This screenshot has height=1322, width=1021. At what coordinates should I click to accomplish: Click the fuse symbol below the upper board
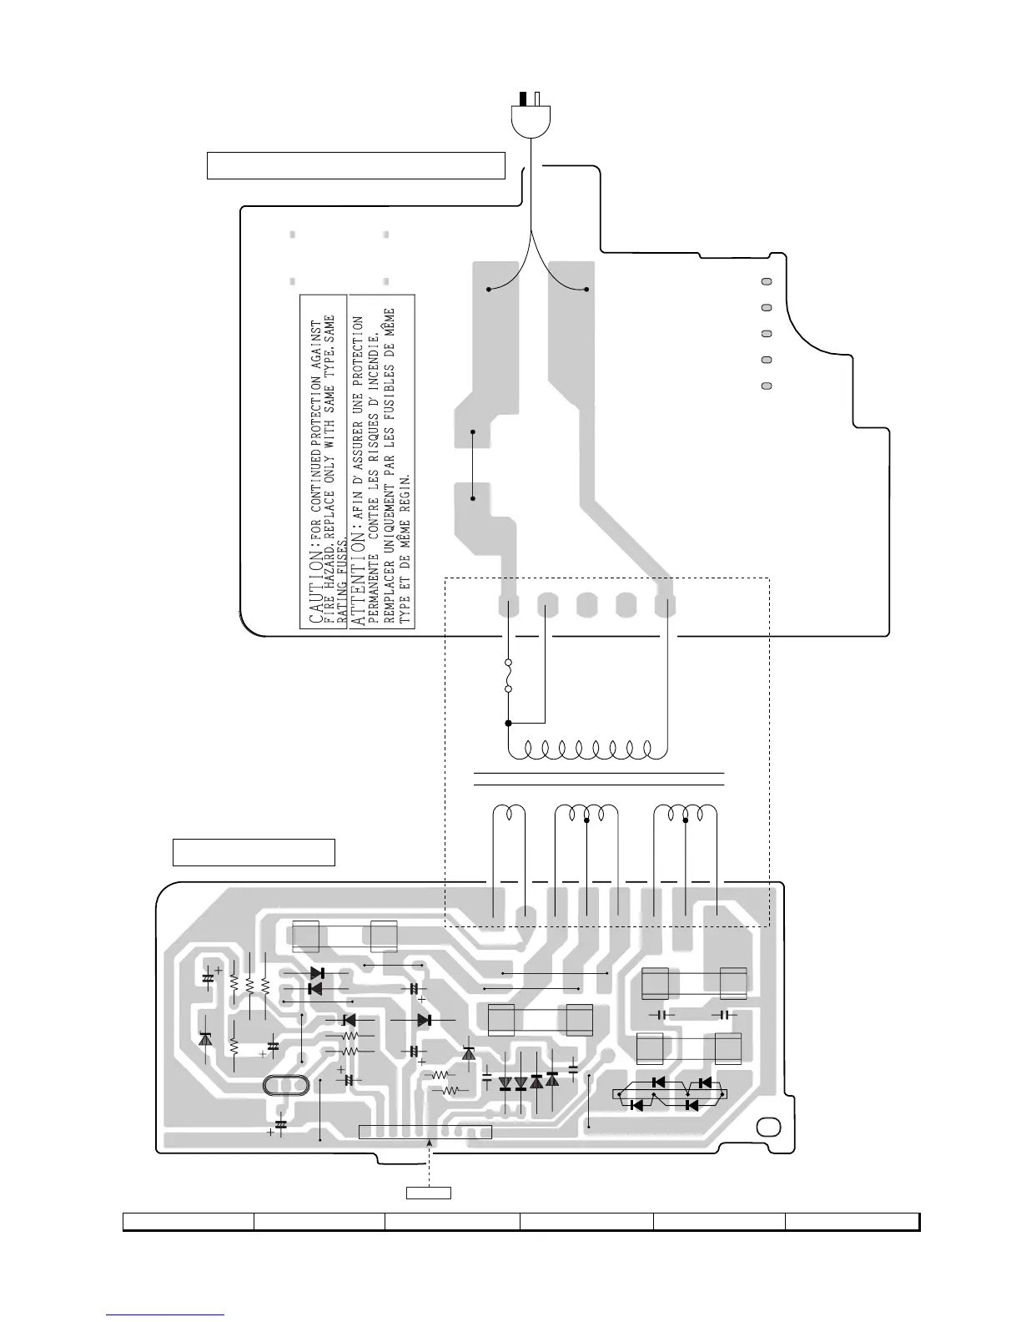(508, 677)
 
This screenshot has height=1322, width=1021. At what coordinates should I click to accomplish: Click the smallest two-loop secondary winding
(509, 813)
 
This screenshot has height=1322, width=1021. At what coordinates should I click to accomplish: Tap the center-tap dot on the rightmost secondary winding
(686, 820)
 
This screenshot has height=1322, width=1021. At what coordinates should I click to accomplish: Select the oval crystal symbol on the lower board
(285, 1086)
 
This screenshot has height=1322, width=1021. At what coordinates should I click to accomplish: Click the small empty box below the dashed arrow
(429, 1192)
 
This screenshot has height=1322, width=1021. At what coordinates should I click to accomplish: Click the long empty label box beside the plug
(356, 165)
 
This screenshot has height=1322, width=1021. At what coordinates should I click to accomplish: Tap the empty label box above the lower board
(254, 852)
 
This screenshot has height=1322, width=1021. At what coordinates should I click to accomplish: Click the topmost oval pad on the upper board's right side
(767, 282)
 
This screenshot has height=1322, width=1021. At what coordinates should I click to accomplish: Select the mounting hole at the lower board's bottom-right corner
(765, 1128)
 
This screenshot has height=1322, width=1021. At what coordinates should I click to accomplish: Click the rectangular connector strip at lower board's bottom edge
(425, 1132)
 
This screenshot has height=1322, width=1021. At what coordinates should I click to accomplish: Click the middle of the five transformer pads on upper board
(586, 605)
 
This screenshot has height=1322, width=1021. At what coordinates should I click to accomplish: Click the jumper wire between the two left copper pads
(473, 465)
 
